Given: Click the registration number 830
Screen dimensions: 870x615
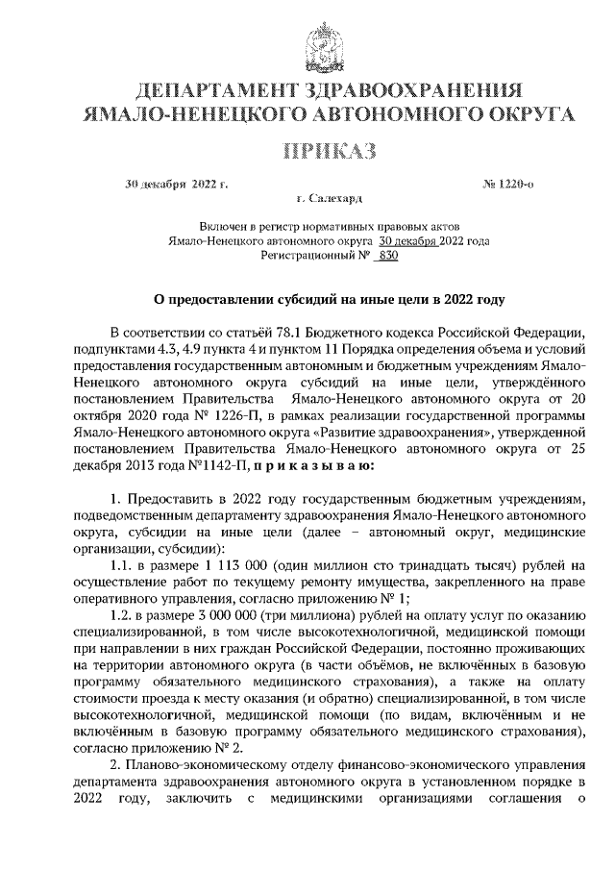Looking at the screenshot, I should pos(387,257).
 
